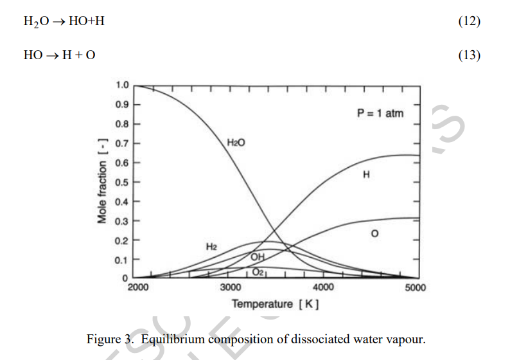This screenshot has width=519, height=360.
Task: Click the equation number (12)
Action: pos(469,21)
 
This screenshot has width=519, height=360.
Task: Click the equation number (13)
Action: pos(469,55)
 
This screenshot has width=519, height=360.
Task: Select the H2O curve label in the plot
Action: pos(236,141)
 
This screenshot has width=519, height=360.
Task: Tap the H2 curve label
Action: pos(211,246)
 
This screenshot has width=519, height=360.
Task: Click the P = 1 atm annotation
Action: pos(380,113)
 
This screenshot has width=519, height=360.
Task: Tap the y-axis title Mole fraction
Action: pos(102,182)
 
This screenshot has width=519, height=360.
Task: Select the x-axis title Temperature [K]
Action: pos(276,303)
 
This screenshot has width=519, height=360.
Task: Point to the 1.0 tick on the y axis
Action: pos(122,85)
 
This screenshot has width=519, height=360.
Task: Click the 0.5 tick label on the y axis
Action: pos(122,182)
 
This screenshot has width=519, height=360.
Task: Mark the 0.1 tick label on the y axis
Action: pos(122,260)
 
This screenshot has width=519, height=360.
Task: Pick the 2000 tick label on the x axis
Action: pos(138,287)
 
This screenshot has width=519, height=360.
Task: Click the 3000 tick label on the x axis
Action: pos(231,287)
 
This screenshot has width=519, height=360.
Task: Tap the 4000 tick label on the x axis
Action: pos(323,287)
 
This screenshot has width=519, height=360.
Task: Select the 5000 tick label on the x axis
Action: pos(416,287)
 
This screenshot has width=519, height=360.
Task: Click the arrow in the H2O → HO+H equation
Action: pos(58,22)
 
